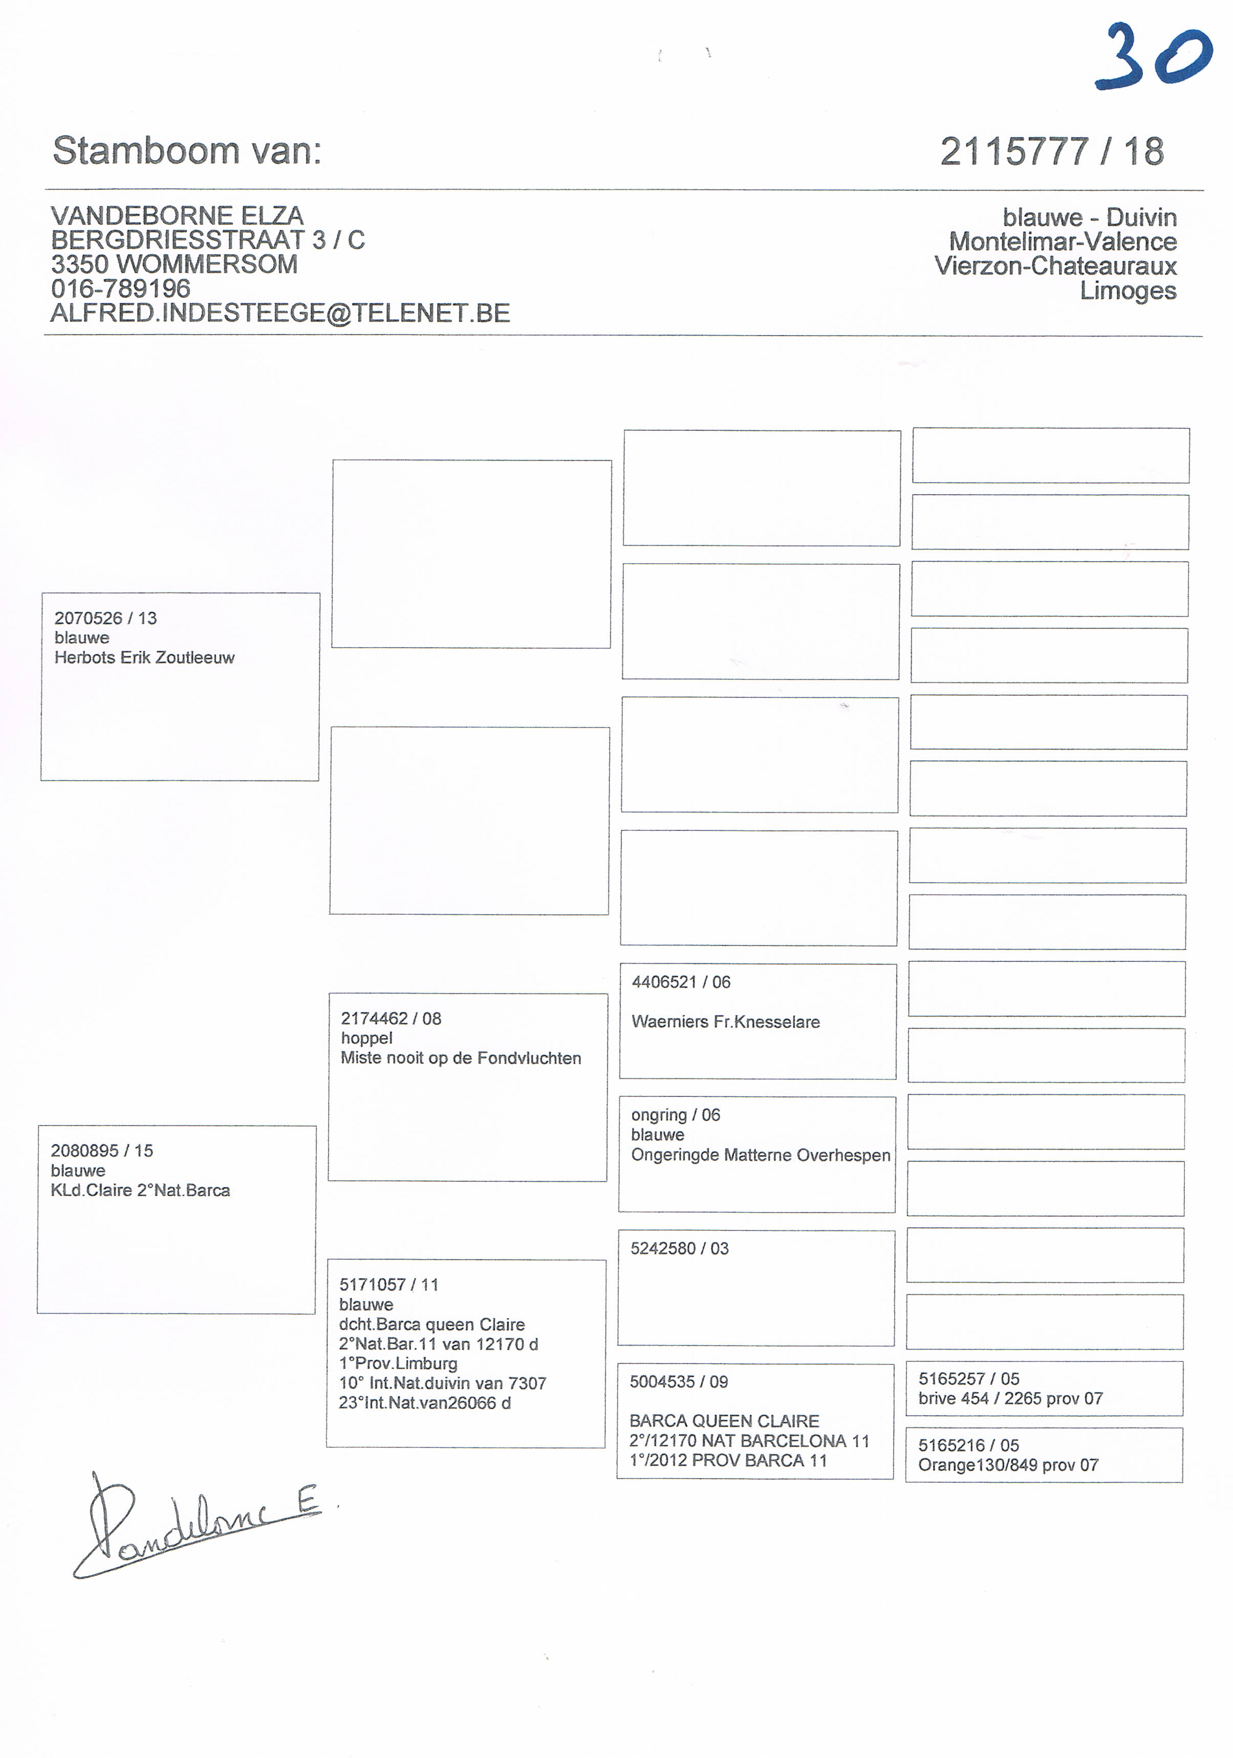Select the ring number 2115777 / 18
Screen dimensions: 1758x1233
[1051, 151]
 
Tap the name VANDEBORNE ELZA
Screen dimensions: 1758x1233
[177, 215]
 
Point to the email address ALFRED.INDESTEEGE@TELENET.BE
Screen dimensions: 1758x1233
[280, 313]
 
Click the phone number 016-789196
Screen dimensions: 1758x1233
[120, 289]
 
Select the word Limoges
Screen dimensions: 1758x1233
[1128, 291]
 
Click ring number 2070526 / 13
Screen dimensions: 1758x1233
[105, 618]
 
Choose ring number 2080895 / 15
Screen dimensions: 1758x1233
[102, 1150]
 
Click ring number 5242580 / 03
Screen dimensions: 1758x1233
[679, 1249]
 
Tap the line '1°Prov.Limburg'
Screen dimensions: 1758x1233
[398, 1364]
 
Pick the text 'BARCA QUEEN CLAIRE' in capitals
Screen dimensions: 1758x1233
[724, 1421]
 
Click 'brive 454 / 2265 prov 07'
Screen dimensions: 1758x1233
[1010, 1399]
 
